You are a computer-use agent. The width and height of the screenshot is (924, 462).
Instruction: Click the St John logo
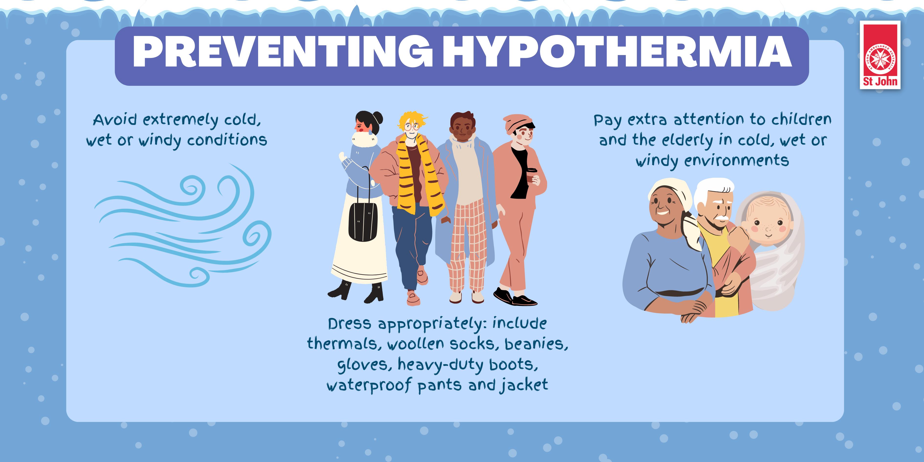(880, 55)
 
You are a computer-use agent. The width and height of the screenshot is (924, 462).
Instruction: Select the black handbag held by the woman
(363, 220)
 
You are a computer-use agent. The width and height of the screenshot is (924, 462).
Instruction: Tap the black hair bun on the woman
(377, 117)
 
